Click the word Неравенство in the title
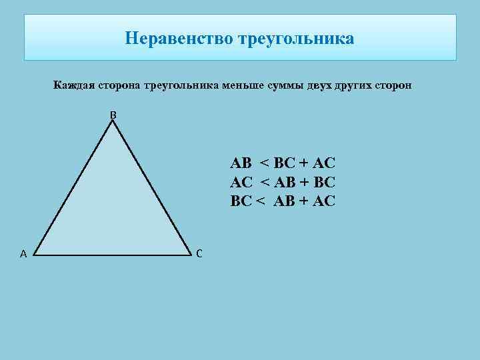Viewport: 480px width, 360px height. click(177, 39)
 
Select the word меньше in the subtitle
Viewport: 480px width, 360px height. click(249, 85)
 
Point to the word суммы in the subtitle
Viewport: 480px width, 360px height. click(293, 85)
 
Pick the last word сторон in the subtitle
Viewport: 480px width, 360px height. click(396, 85)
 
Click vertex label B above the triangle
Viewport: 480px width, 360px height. click(113, 115)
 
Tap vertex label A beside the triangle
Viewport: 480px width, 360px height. click(23, 253)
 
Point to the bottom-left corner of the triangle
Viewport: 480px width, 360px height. click(33, 255)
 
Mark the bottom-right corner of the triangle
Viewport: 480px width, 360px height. click(191, 255)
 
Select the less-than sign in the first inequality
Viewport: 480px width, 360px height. click(265, 163)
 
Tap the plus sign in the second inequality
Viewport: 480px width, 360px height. click(301, 182)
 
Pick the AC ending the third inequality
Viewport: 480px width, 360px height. click(325, 201)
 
